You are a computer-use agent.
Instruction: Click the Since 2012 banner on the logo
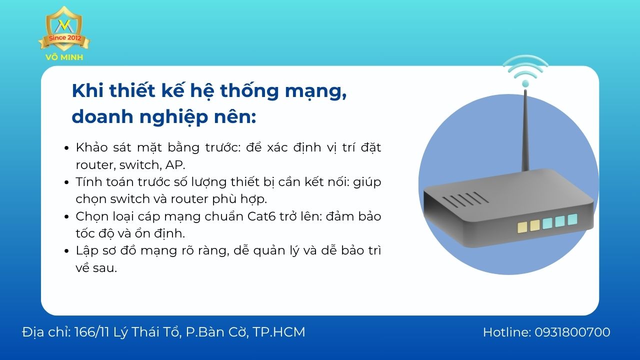coord(64,38)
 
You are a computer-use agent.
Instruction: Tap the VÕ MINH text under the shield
coord(64,57)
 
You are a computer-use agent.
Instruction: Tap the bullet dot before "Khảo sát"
coord(66,148)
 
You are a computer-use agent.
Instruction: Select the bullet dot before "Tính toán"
coord(66,182)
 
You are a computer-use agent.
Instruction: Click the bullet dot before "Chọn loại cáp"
coord(66,217)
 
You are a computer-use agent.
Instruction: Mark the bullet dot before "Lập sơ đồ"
coord(66,251)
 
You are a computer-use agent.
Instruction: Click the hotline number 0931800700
coord(572,332)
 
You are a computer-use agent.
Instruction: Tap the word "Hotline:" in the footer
coord(506,332)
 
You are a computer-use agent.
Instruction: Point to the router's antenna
coord(525,130)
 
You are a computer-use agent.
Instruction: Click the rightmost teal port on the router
coord(572,219)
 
